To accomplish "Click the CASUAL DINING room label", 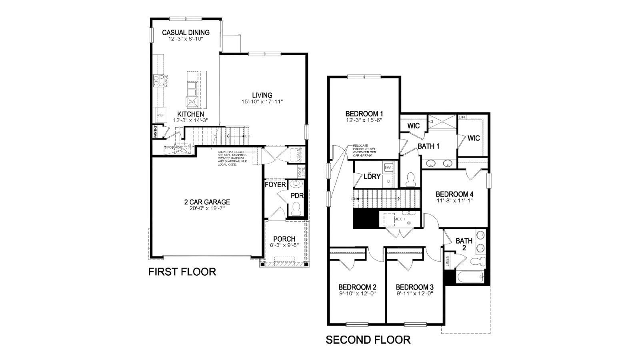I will pyautogui.click(x=186, y=32).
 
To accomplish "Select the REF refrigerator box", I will pyautogui.click(x=160, y=115).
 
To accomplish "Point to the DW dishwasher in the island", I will pyautogui.click(x=192, y=102).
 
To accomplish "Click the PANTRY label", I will pyautogui.click(x=155, y=132).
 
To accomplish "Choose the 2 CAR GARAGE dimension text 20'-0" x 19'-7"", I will pyautogui.click(x=204, y=208).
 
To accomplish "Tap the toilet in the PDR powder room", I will pyautogui.click(x=296, y=209).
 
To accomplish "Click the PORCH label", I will pyautogui.click(x=284, y=239).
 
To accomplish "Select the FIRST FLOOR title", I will pyautogui.click(x=182, y=272).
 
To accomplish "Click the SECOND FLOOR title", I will pyautogui.click(x=368, y=340).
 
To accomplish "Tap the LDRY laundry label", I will pyautogui.click(x=372, y=176).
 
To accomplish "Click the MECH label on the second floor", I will pyautogui.click(x=400, y=219).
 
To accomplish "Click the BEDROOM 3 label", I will pyautogui.click(x=414, y=287).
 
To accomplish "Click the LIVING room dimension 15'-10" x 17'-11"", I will pyautogui.click(x=262, y=102).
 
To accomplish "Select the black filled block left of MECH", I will pyautogui.click(x=366, y=218).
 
